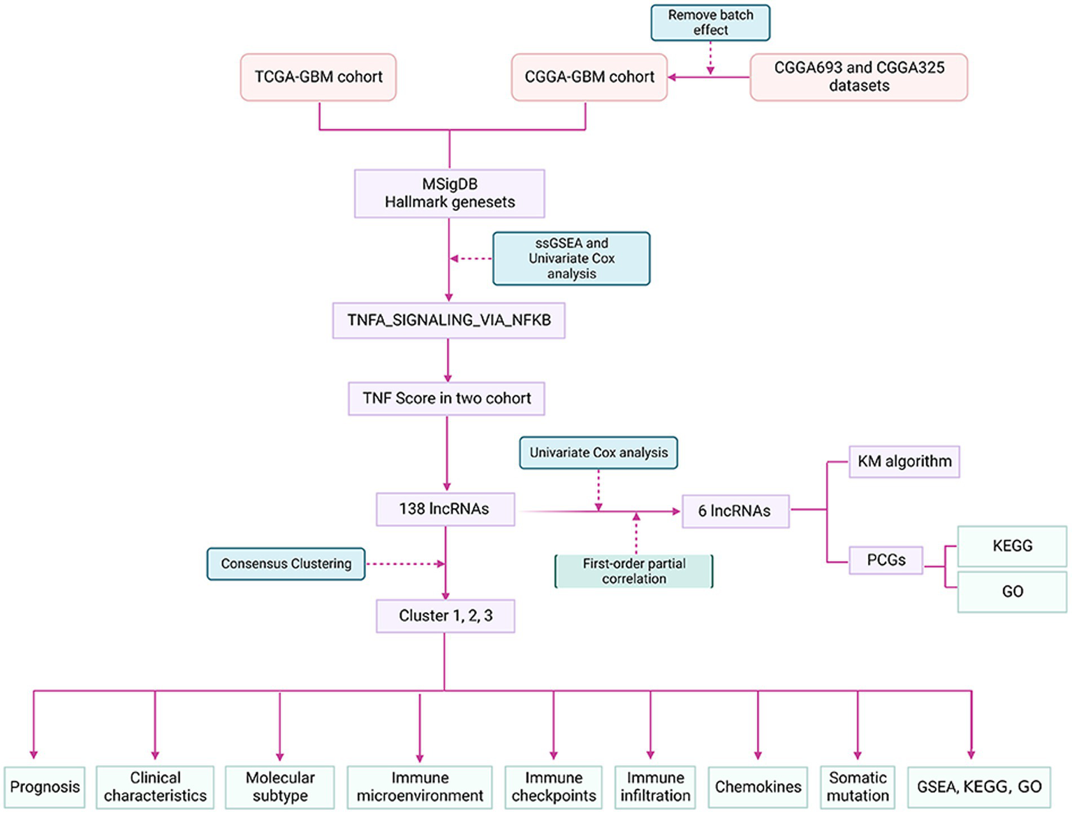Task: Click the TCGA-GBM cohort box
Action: coord(318,77)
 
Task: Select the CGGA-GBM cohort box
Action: coord(589,77)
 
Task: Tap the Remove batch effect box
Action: coord(710,22)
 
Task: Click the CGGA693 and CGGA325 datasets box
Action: coord(858,77)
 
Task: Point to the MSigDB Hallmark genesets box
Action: coord(449,193)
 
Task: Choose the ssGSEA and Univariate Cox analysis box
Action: coord(571,259)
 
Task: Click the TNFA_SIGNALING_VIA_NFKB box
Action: coord(448,320)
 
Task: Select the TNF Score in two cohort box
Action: coord(446,398)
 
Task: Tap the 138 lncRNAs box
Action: coord(445,509)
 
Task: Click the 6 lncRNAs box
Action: coord(735,511)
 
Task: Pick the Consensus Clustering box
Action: coord(286,563)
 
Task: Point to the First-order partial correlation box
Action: coord(633,571)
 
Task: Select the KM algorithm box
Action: coord(904,461)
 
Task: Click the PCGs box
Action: coord(886,560)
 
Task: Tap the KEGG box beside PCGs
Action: coord(1012,546)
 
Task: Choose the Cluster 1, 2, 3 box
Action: coord(445,616)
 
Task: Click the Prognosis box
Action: coord(45,787)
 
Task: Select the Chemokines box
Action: coord(758,787)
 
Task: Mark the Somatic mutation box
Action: coord(857,787)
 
